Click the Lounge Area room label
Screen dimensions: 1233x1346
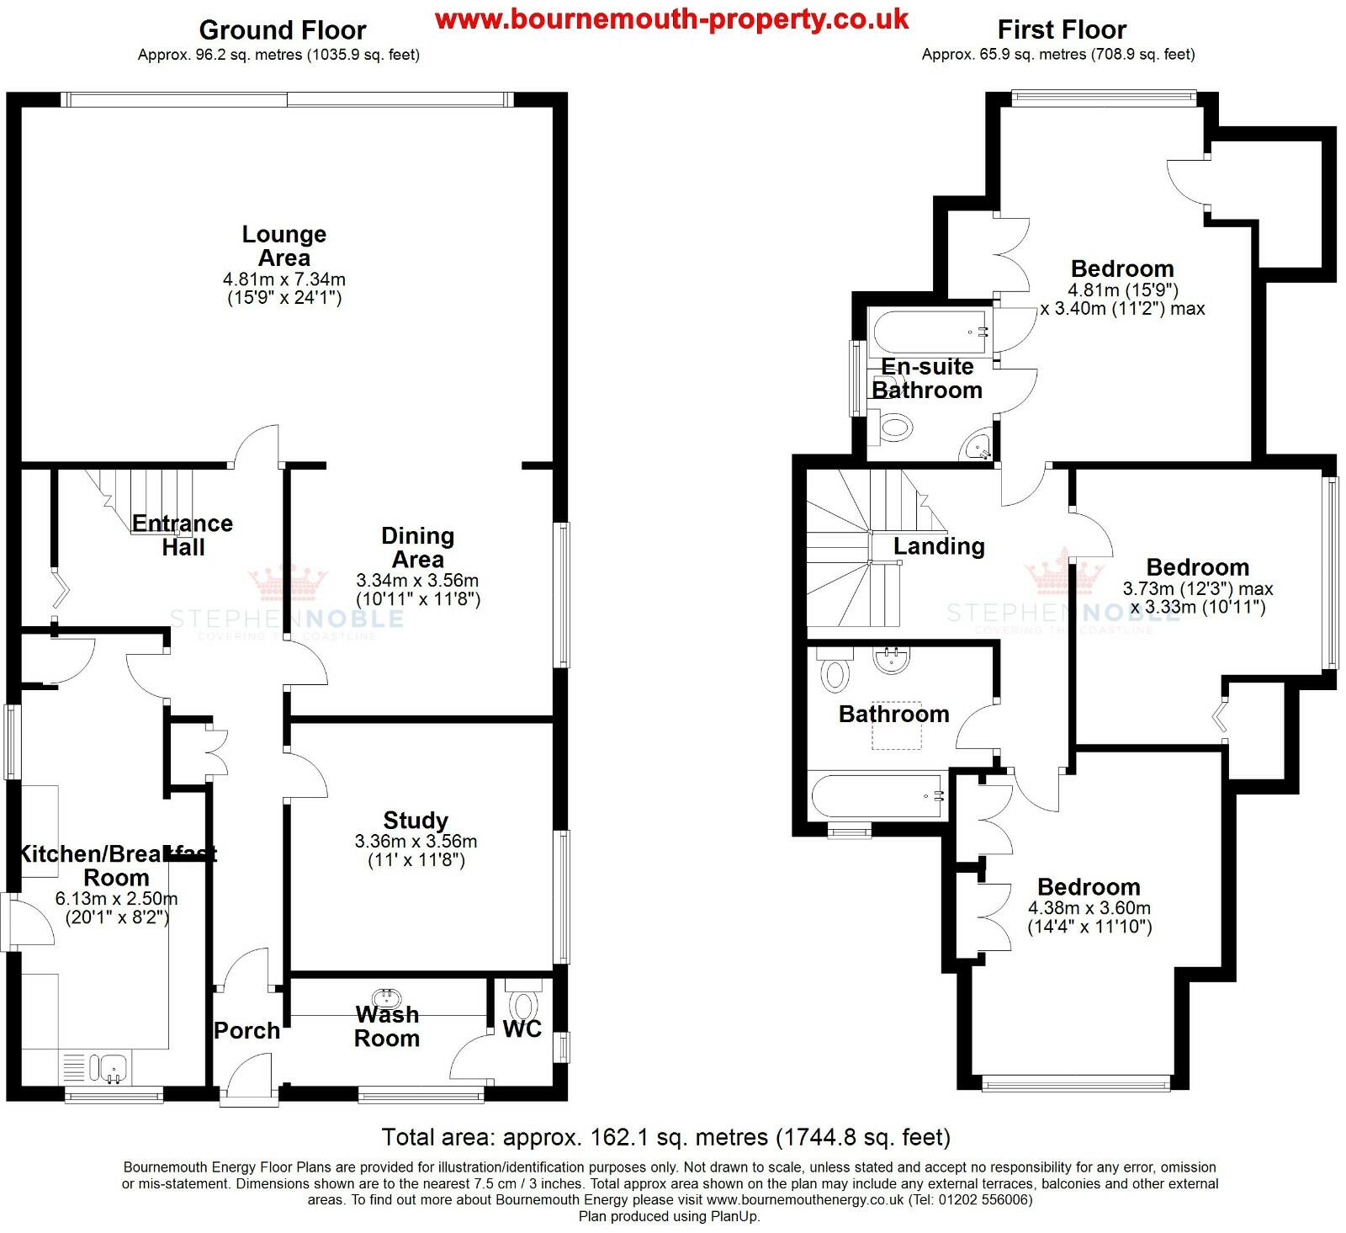pos(284,246)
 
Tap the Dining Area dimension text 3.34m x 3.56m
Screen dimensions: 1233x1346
pos(417,580)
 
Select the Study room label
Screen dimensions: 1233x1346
pos(416,820)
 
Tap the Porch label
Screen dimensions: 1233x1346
pos(246,1030)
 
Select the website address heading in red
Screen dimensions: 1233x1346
pos(671,19)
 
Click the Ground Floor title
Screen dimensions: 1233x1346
pos(282,30)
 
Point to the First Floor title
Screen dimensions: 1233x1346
pos(1061,30)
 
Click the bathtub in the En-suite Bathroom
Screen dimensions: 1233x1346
pos(930,332)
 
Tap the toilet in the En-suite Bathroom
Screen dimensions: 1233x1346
pos(894,428)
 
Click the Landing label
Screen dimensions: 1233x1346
pos(939,546)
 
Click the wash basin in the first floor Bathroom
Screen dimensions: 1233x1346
pos(892,659)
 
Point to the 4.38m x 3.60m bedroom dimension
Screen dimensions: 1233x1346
pos(1089,908)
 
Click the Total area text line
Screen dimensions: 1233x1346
pos(665,1137)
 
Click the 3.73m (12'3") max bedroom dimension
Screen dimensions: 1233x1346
pos(1197,588)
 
